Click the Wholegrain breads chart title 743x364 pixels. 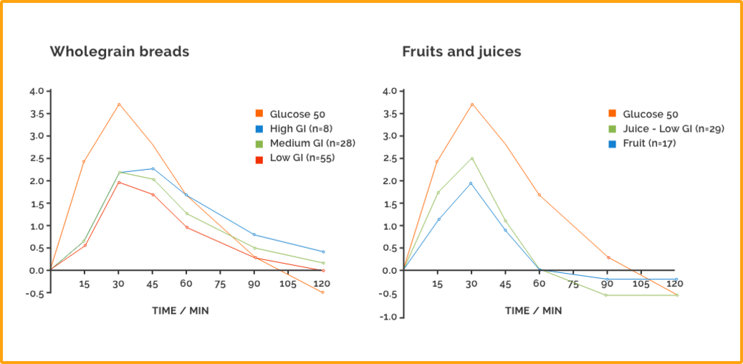119,52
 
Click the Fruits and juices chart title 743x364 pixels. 461,52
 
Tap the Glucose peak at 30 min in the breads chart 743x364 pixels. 119,104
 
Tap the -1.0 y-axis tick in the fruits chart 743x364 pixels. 390,316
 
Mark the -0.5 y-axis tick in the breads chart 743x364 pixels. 37,293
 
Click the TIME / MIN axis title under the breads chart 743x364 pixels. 180,311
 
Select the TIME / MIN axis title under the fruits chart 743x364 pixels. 533,311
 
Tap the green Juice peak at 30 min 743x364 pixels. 472,158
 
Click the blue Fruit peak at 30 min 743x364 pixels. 472,183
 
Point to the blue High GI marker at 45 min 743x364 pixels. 153,168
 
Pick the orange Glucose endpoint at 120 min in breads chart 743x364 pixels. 323,292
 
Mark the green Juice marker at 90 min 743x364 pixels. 606,294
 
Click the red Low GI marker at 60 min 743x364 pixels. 186,227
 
